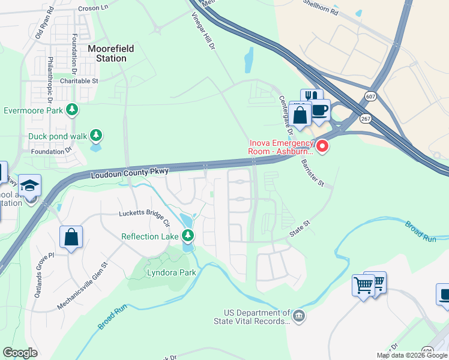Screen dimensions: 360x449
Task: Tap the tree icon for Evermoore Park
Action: click(x=73, y=110)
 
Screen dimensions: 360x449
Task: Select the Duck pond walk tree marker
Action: click(x=96, y=136)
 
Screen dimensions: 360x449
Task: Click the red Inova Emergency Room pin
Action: click(x=322, y=146)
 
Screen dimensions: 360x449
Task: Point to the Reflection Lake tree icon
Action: click(x=188, y=236)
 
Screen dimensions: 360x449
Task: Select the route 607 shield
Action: click(x=369, y=95)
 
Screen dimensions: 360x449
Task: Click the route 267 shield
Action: click(x=366, y=119)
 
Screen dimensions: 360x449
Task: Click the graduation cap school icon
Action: click(x=29, y=185)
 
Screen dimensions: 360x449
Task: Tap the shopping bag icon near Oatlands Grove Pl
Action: click(x=71, y=236)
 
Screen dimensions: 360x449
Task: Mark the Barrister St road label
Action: click(x=312, y=173)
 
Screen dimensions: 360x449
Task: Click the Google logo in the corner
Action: click(x=20, y=352)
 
